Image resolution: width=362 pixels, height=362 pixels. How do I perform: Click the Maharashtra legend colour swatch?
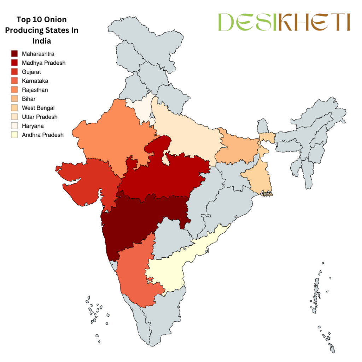[x=14, y=54]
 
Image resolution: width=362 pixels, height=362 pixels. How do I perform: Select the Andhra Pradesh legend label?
[x=43, y=135]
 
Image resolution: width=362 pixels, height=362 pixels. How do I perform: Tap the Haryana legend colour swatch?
[x=14, y=126]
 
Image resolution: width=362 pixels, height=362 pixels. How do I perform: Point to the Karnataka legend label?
[x=35, y=81]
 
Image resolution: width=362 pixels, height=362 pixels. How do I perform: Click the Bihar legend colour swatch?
[x=14, y=99]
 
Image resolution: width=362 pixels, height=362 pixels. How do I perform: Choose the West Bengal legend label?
[x=38, y=108]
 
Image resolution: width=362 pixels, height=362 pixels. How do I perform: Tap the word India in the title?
[x=42, y=41]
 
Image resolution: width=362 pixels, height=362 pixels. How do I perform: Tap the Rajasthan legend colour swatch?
[x=14, y=90]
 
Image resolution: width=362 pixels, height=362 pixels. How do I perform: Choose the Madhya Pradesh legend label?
[x=43, y=63]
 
